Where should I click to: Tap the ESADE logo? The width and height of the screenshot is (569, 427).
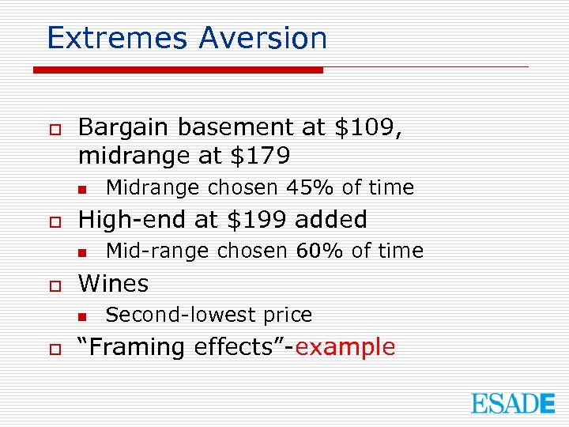[x=513, y=402]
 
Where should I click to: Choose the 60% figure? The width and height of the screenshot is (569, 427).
[x=319, y=251]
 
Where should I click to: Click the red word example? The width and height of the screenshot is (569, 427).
[x=349, y=347]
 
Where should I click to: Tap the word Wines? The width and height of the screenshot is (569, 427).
[x=113, y=283]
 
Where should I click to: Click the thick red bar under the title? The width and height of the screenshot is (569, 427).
[x=178, y=70]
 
